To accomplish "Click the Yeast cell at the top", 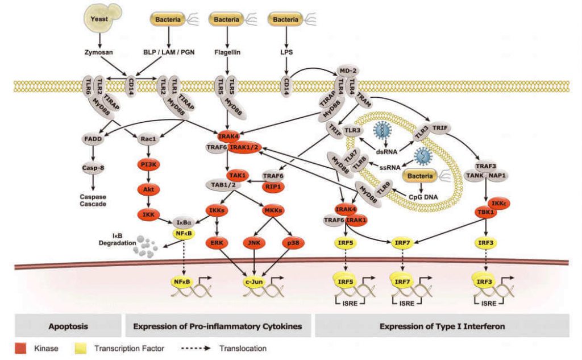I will pyautogui.click(x=101, y=19).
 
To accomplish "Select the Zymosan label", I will pyautogui.click(x=100, y=52).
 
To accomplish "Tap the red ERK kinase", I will pyautogui.click(x=217, y=242).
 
